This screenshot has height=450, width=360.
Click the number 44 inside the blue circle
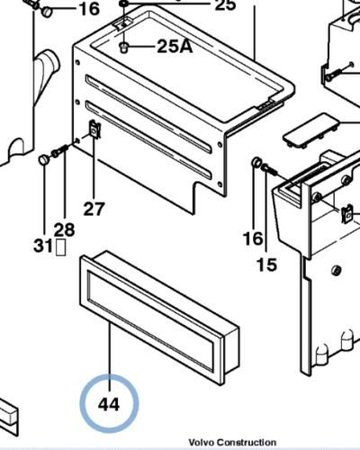[x=109, y=404]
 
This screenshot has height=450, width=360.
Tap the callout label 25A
[x=175, y=46]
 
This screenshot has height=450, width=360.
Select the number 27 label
[x=94, y=209]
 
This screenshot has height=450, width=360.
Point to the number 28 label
[x=64, y=230]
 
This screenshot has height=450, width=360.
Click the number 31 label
[x=43, y=247]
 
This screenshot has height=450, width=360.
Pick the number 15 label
[x=266, y=265]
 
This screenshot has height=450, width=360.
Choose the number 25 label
[x=225, y=5]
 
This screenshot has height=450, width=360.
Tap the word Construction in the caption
[x=247, y=443]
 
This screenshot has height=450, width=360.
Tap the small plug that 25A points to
[x=123, y=48]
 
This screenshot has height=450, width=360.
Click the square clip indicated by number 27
[x=95, y=130]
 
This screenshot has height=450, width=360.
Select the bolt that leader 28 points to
[x=60, y=150]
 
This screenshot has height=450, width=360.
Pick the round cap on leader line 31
[x=44, y=159]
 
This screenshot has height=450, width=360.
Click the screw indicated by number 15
[x=270, y=169]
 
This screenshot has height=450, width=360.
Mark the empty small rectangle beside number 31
[x=61, y=247]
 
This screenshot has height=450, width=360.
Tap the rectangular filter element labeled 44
[x=159, y=318]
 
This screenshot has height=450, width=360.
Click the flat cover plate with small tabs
[x=311, y=130]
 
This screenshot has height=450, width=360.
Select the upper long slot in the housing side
[x=148, y=114]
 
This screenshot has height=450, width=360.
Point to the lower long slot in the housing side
[x=148, y=140]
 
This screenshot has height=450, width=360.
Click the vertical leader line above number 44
[x=110, y=356]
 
